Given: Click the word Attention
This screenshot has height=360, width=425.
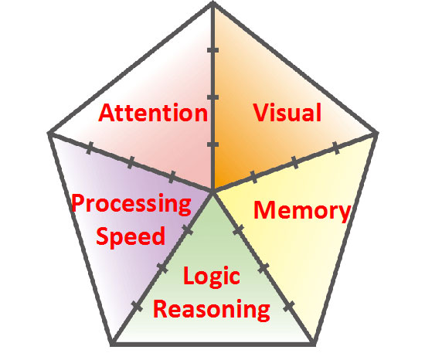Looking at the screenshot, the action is (153, 113).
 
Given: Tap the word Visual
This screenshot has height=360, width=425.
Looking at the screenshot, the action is (287, 112).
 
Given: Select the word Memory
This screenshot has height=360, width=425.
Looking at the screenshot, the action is (302, 211).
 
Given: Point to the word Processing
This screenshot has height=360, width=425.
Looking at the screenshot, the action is (131, 205).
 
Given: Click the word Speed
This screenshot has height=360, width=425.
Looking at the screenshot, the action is (131, 236).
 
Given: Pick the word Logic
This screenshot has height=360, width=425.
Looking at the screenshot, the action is (212, 277).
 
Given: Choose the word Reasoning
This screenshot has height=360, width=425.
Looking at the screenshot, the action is (212, 309).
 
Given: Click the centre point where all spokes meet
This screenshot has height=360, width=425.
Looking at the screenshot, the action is (213, 190).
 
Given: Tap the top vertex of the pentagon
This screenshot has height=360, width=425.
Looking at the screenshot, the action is (213, 3).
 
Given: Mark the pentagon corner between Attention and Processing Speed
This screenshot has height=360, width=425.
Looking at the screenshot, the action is (49, 133).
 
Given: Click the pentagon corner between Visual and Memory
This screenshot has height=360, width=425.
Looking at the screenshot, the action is (376, 133).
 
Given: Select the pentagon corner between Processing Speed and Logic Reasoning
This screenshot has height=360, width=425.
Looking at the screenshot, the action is (112, 344).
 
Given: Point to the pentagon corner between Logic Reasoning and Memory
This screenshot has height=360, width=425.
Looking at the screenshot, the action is (314, 344).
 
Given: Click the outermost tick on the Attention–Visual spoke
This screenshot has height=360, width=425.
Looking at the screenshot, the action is (212, 50).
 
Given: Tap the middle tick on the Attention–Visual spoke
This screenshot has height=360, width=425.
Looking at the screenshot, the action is (212, 97).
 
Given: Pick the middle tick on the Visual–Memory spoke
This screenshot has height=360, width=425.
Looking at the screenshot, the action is (295, 162).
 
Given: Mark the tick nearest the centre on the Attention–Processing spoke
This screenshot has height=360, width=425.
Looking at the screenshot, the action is (172, 177).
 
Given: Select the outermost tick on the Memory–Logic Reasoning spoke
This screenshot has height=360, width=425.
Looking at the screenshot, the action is (289, 307).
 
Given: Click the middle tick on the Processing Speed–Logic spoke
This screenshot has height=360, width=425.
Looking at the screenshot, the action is (162, 268).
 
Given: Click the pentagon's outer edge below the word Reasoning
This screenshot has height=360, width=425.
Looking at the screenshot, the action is (213, 344).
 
